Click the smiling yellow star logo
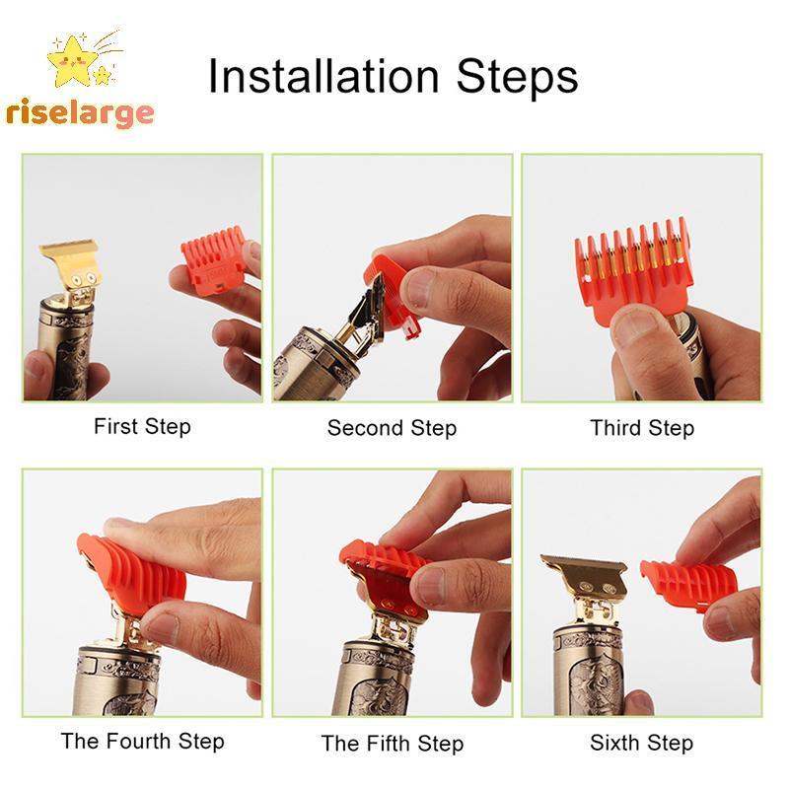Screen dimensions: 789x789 coord(71,60)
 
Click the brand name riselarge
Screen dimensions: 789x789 coord(80,113)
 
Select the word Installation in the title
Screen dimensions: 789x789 coord(324,76)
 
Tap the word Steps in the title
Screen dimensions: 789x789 coord(517,77)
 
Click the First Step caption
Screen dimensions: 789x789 coord(142,427)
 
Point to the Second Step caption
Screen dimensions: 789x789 coord(392,428)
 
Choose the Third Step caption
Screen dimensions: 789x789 coord(642,428)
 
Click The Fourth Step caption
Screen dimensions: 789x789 coord(142,742)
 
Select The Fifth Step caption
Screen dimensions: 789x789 coord(392,744)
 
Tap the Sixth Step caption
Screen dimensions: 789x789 coord(642,743)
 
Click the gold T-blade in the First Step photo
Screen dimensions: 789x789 coord(70,268)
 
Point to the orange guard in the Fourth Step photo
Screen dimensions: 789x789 coord(132,574)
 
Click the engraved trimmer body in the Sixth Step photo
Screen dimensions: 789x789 coord(590,669)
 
